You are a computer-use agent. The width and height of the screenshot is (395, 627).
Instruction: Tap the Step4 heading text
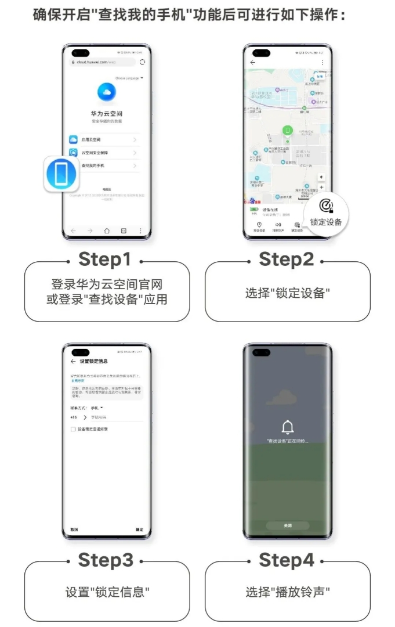click(287, 560)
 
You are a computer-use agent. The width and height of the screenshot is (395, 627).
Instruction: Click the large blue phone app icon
click(61, 174)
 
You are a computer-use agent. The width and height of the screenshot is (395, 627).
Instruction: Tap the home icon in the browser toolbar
click(107, 230)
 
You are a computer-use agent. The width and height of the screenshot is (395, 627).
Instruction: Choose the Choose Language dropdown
click(129, 78)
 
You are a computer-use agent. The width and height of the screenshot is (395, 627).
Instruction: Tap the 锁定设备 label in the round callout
click(326, 222)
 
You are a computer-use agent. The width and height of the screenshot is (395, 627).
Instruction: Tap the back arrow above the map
click(252, 62)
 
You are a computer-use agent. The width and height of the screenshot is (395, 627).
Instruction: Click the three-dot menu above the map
click(322, 62)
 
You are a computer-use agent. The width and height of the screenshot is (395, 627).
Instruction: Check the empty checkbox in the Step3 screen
click(73, 429)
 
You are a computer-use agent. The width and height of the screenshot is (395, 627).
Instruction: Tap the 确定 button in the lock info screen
click(139, 529)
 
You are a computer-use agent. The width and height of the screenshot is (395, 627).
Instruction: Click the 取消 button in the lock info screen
click(74, 529)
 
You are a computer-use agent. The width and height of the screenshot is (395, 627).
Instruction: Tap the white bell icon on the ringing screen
click(287, 428)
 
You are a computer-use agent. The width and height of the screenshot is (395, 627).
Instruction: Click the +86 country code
click(74, 417)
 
